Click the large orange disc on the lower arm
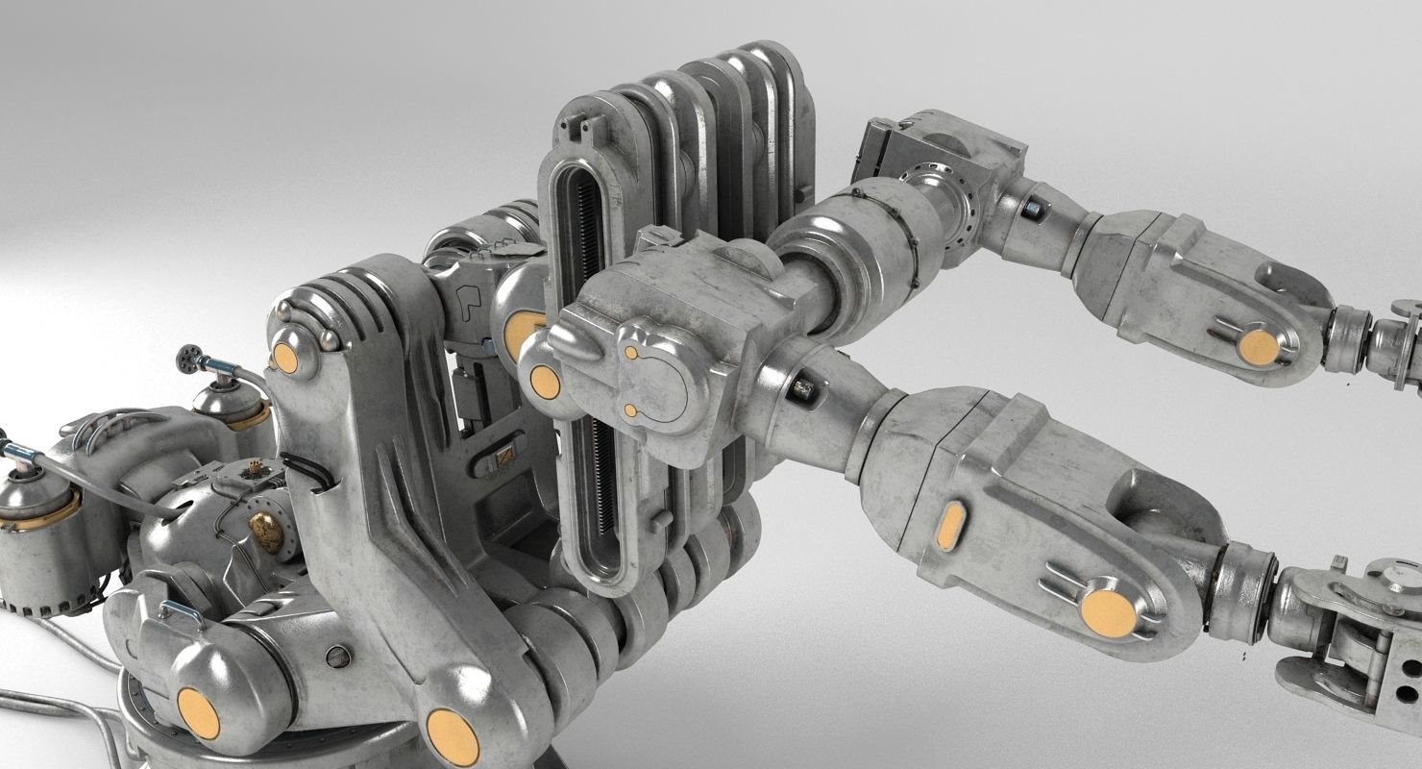tap(1108, 612)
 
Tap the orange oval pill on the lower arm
tap(950, 525)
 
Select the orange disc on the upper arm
tap(1258, 347)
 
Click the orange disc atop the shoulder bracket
tap(284, 358)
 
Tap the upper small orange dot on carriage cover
tap(630, 353)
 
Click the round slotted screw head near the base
tap(337, 657)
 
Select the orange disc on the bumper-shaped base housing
tap(198, 713)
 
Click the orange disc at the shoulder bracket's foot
tap(452, 736)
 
